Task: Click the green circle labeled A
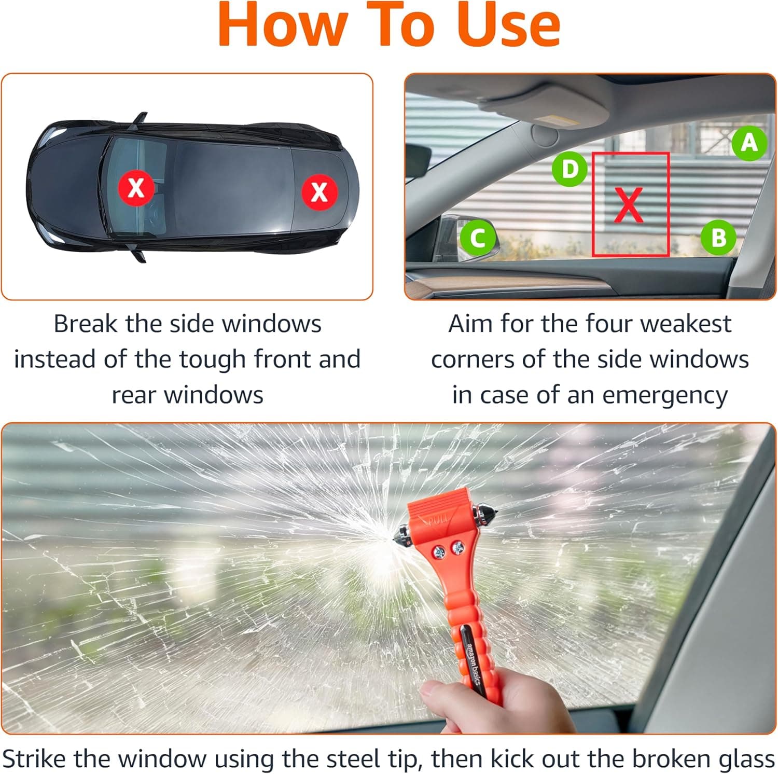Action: coord(749,143)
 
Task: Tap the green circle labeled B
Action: coord(718,238)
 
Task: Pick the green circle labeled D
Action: coord(569,169)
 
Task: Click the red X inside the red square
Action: coord(629,205)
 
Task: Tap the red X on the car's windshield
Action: coord(136,187)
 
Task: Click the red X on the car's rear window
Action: coord(319,191)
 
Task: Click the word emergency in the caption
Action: coord(665,395)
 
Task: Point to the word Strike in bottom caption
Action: coord(34,759)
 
